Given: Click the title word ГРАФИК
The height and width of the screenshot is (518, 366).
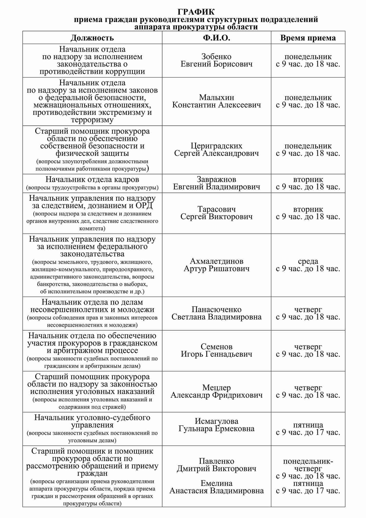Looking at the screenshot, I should pos(196,12).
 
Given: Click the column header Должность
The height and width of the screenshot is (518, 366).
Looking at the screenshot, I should pos(92,38).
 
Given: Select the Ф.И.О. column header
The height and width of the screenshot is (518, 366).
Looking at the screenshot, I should pos(216,38).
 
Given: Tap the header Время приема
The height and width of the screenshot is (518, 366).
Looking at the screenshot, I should pos(308,38).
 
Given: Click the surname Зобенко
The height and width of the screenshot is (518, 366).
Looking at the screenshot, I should pos(216,56).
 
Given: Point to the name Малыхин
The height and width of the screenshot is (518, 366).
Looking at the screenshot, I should pos(216,97).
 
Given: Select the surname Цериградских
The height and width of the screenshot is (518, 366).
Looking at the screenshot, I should pos(216,146).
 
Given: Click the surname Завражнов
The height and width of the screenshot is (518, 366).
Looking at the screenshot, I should pos(216,179).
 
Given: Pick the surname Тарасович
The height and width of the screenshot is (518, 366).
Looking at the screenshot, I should pos(216,209).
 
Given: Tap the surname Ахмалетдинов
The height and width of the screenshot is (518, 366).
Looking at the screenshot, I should pos(216,261).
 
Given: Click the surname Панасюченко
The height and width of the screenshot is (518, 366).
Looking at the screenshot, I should pos(216,310).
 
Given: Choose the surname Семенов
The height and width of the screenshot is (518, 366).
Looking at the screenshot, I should pos(216,347).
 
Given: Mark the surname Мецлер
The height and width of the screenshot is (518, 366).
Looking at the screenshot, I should pos(216,388).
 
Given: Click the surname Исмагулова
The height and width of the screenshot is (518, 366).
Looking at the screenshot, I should pos(216,421).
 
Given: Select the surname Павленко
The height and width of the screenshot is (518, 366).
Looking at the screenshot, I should pos(216,461).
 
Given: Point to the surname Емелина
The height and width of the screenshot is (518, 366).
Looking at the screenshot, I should pos(216,483).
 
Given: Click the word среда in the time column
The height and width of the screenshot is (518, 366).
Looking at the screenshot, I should pos(308,261).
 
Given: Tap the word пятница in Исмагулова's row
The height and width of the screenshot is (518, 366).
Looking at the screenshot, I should pos(308,425).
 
